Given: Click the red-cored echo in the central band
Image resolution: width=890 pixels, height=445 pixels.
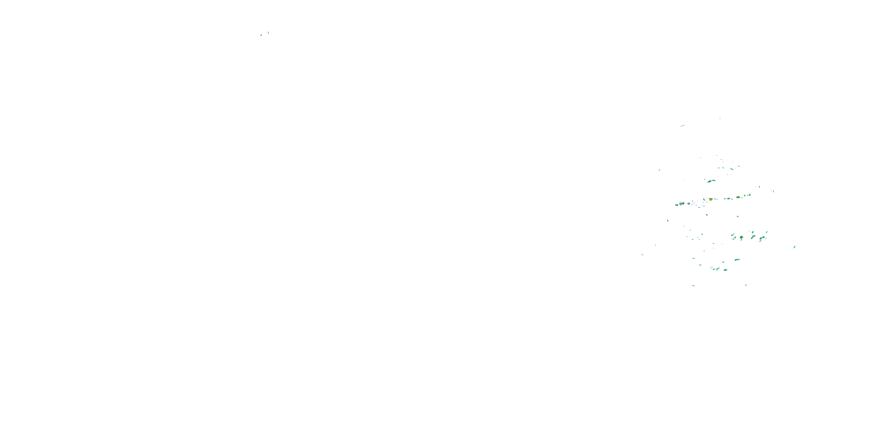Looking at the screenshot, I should [x=710, y=199].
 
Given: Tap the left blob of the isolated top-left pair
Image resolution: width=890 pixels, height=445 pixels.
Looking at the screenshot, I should [x=261, y=35].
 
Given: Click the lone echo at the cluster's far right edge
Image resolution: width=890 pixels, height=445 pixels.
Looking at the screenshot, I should [x=794, y=247].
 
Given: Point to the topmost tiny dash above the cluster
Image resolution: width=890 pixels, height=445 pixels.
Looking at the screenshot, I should [x=720, y=118].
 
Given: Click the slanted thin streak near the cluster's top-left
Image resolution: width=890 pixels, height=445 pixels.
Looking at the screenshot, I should [x=682, y=126].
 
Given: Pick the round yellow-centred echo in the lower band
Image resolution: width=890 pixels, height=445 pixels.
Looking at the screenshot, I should [x=741, y=237].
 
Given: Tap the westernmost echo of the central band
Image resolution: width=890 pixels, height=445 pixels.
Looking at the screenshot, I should [x=676, y=205].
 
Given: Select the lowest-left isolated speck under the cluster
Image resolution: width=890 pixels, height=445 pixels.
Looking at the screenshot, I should [x=693, y=286].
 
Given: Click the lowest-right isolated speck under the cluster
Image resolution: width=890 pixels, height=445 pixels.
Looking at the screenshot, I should [x=746, y=285].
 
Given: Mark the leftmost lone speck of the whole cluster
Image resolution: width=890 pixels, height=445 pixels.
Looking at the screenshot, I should [x=642, y=255].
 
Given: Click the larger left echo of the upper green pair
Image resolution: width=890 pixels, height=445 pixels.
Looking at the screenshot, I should [x=710, y=181].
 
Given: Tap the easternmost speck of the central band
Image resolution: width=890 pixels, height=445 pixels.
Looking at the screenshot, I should [x=773, y=191].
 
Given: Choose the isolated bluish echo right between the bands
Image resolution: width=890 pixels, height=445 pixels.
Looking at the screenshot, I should [x=738, y=216].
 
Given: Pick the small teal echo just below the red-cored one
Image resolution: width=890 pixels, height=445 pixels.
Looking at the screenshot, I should [x=707, y=215].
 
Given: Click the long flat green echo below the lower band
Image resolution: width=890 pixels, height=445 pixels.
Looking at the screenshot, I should [x=737, y=260].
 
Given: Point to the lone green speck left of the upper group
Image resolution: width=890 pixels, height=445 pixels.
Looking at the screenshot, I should [x=659, y=170].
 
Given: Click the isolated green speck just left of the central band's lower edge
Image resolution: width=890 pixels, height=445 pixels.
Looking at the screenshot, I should [x=667, y=220].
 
